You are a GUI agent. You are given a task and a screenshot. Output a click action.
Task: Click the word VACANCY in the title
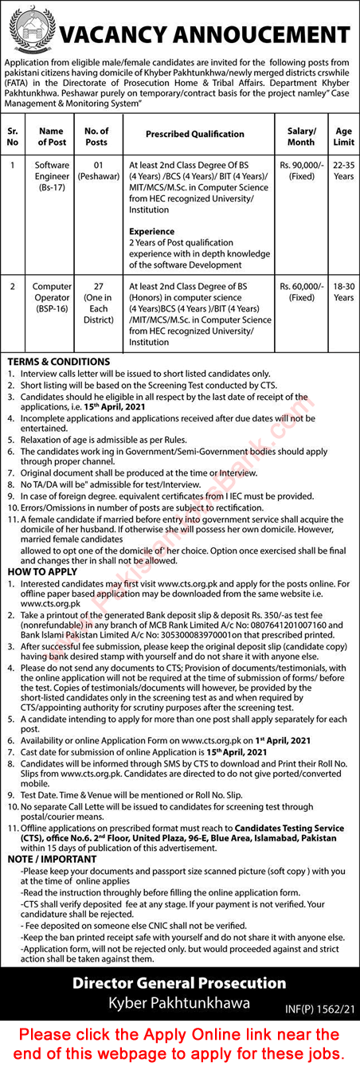click(115, 35)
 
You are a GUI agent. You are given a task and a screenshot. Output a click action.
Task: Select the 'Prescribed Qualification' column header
click(194, 135)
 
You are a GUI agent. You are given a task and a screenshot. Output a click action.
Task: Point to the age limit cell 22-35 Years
click(343, 171)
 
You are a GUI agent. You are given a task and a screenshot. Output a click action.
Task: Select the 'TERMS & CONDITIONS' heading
click(57, 362)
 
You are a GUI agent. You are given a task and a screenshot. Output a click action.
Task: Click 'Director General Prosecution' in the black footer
click(179, 982)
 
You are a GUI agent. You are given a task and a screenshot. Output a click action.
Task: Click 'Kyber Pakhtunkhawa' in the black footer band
click(179, 1002)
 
